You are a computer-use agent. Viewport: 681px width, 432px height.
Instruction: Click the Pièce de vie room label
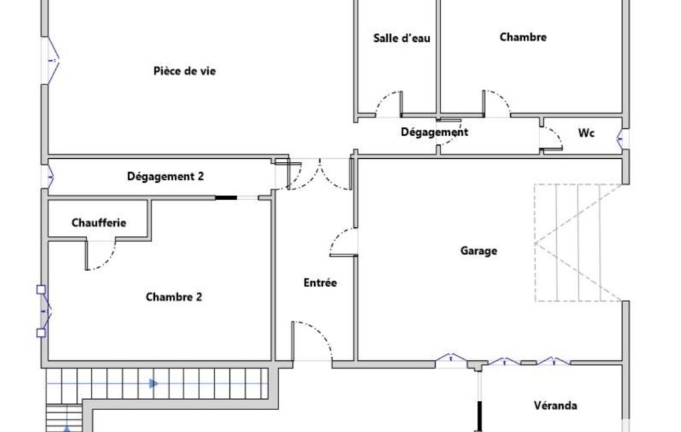pos(185,71)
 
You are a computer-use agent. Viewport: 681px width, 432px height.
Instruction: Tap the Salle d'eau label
pos(402,39)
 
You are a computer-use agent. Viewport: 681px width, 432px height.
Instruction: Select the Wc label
pos(586,133)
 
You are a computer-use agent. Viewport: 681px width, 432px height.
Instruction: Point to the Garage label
pos(478,251)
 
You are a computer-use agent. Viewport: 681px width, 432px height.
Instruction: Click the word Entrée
pos(320,283)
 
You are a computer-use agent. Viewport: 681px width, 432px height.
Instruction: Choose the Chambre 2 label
pos(173,297)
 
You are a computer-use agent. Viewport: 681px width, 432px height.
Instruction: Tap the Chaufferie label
pos(98,223)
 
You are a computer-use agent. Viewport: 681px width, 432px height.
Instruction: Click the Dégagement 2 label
pos(165,176)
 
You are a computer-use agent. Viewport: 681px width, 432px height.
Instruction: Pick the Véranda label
pos(555,405)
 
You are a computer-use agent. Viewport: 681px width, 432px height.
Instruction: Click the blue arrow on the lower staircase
pos(153,383)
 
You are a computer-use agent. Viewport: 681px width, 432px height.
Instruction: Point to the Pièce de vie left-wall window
pos(50,60)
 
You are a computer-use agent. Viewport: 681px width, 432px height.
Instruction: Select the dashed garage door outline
pos(579,243)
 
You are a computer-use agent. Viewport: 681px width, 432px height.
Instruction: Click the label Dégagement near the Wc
pos(435,132)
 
